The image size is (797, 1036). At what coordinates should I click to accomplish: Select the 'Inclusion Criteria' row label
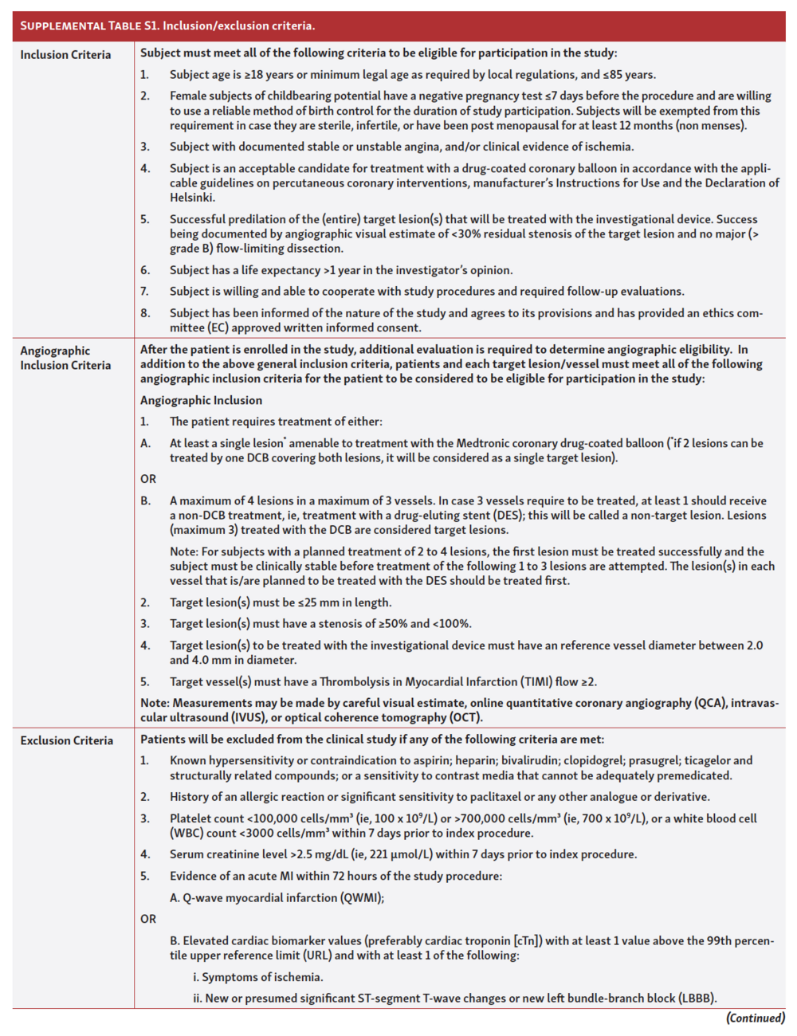coord(65,54)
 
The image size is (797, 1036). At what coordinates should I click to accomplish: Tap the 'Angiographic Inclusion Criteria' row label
coord(65,358)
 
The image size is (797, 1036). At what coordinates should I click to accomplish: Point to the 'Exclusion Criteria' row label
coord(67,740)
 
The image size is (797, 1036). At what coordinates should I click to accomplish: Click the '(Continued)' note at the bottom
coord(755,1018)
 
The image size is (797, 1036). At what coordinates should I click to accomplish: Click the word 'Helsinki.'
coord(192,198)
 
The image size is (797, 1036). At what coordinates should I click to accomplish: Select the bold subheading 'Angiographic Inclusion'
coord(201,400)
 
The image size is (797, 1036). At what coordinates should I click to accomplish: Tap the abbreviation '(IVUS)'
coord(228,717)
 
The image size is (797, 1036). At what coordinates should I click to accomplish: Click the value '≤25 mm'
coord(300,602)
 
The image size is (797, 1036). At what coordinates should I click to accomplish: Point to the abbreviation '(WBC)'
coord(187,833)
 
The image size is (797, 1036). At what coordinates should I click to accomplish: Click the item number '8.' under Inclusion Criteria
coord(145,313)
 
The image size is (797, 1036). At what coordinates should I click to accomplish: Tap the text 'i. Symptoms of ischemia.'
coord(257,977)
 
